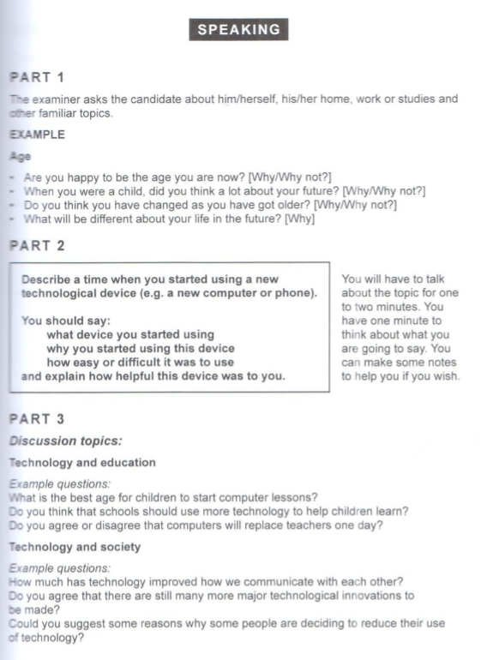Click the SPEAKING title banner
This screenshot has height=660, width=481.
(239, 29)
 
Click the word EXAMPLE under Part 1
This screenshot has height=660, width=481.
(36, 135)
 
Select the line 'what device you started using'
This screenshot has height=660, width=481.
(130, 334)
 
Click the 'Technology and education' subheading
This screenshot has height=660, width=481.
(81, 463)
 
